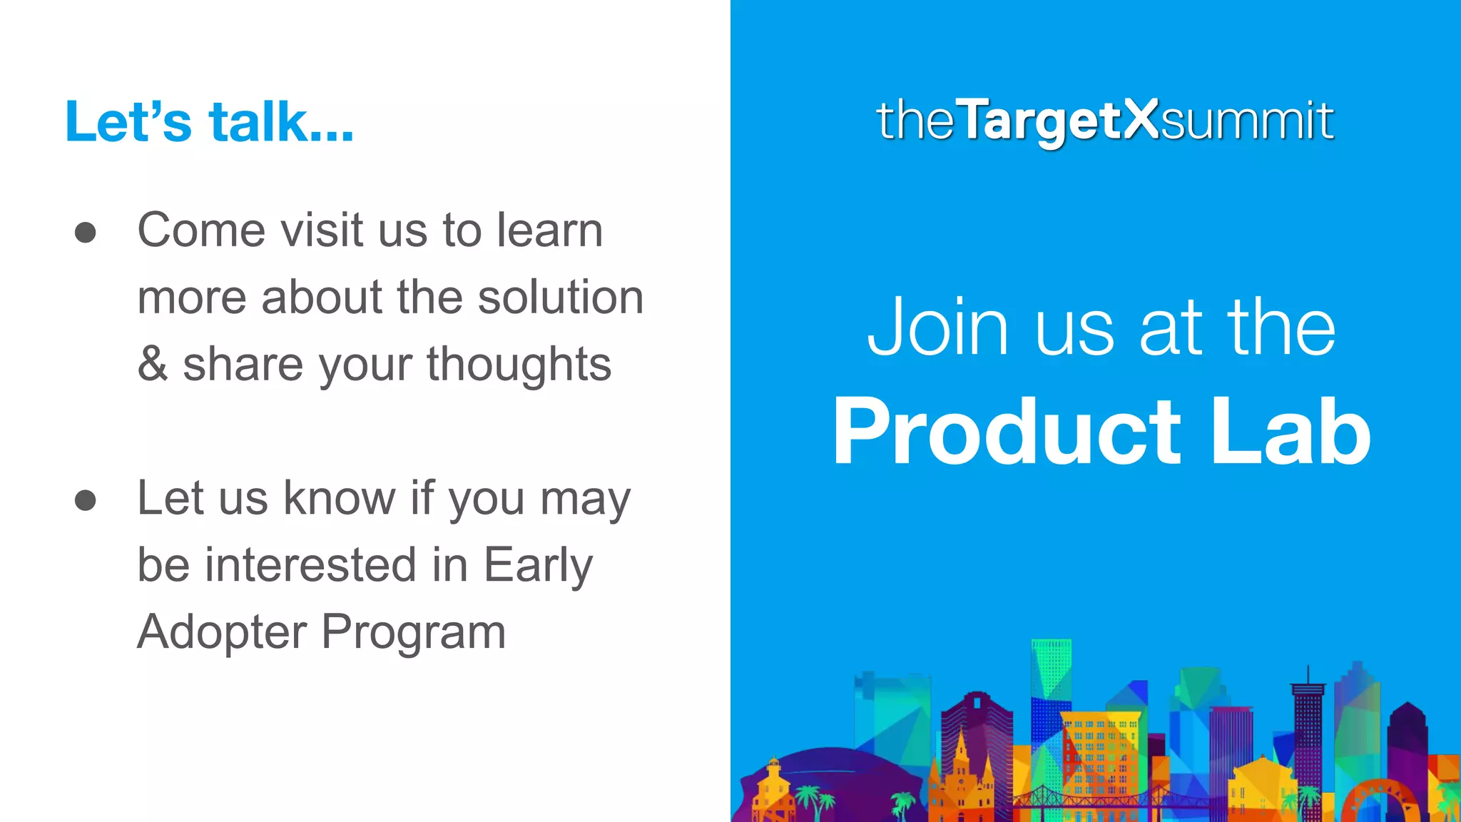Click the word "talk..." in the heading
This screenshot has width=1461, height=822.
point(281,122)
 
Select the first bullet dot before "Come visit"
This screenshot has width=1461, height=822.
point(85,233)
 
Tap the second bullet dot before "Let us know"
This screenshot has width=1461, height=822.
point(85,500)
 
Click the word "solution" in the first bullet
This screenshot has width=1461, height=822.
point(560,297)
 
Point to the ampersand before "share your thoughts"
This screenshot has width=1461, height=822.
point(152,364)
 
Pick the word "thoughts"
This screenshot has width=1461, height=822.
point(519,364)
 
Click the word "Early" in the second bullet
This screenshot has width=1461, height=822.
point(538,565)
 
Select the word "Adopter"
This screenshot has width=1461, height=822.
point(222,632)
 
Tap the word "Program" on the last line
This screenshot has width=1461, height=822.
point(414,632)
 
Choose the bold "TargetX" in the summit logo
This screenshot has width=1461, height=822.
point(1059,120)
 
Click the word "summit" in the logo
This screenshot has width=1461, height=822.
point(1247,120)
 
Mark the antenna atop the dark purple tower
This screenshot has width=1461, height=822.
point(1308,674)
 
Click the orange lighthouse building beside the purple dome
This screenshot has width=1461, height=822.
point(773,785)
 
